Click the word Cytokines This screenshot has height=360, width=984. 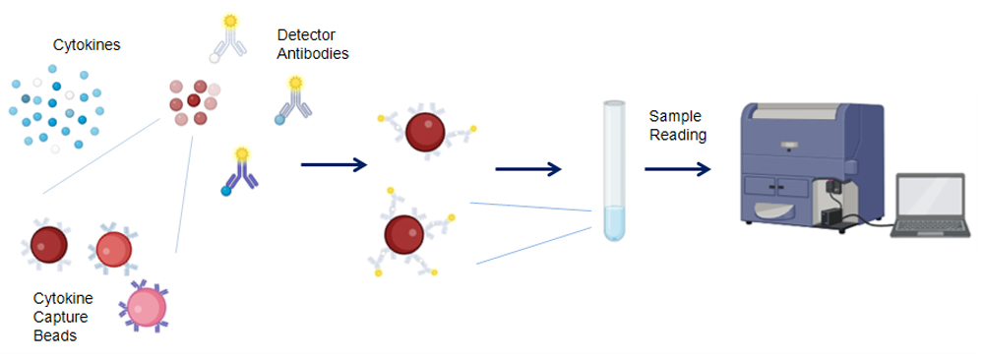(80, 44)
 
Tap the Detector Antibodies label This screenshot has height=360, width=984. (312, 45)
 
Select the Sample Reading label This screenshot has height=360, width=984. (678, 126)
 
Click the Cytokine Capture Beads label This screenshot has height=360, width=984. (62, 317)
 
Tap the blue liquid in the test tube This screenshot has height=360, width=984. (614, 223)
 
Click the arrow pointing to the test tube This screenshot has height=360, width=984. (527, 169)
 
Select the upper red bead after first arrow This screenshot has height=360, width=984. (425, 134)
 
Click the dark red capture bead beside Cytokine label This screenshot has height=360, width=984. (48, 244)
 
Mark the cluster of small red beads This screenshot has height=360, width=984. (189, 102)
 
